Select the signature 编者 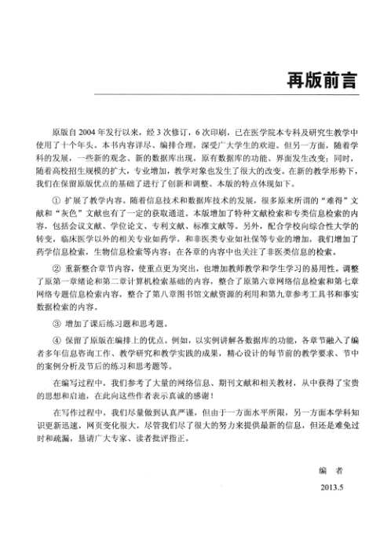[x=331, y=469]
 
